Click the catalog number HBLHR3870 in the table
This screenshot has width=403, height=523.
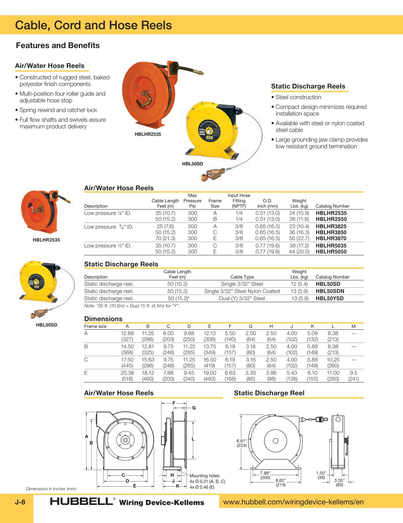click(331, 238)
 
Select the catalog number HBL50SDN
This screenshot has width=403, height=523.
click(329, 291)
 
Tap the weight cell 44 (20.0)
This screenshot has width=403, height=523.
click(299, 252)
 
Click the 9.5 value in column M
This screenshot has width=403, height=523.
click(353, 373)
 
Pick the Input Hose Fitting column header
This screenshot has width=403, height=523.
click(239, 201)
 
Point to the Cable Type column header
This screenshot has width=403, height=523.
click(242, 277)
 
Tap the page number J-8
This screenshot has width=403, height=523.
click(20, 502)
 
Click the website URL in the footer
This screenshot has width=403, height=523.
click(293, 502)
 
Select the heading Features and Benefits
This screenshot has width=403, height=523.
click(58, 45)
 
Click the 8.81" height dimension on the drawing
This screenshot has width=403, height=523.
click(242, 443)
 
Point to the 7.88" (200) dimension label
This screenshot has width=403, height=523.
click(265, 475)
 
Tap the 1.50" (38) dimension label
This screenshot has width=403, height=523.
click(321, 475)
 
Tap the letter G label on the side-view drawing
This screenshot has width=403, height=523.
click(194, 408)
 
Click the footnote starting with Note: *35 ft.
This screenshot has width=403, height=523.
click(132, 306)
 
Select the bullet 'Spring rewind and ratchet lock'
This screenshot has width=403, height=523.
click(58, 110)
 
